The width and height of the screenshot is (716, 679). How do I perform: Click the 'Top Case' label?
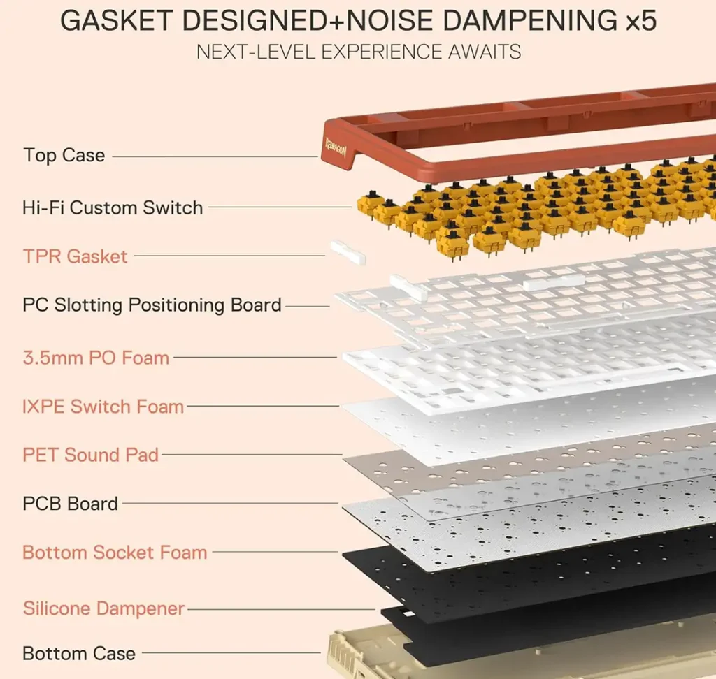pos(64,155)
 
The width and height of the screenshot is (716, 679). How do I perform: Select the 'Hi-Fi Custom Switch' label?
pos(113,207)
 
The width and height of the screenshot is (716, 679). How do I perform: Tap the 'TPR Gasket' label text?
pos(76,256)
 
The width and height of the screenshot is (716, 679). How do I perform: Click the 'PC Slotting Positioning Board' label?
pos(152,305)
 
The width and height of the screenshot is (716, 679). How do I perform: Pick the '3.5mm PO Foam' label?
pos(96,358)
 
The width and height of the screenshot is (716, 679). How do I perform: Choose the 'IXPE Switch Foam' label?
pos(103,407)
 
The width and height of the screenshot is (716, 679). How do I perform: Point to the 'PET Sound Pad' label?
pos(91,455)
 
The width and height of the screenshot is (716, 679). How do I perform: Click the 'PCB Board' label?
pos(71,504)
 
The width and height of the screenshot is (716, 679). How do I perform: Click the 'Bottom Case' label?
pos(79,654)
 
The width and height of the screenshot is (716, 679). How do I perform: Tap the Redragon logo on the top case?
pos(335,148)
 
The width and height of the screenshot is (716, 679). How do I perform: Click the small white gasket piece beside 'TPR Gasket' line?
pos(348,253)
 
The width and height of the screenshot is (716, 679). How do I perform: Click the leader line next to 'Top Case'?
pos(213,156)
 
